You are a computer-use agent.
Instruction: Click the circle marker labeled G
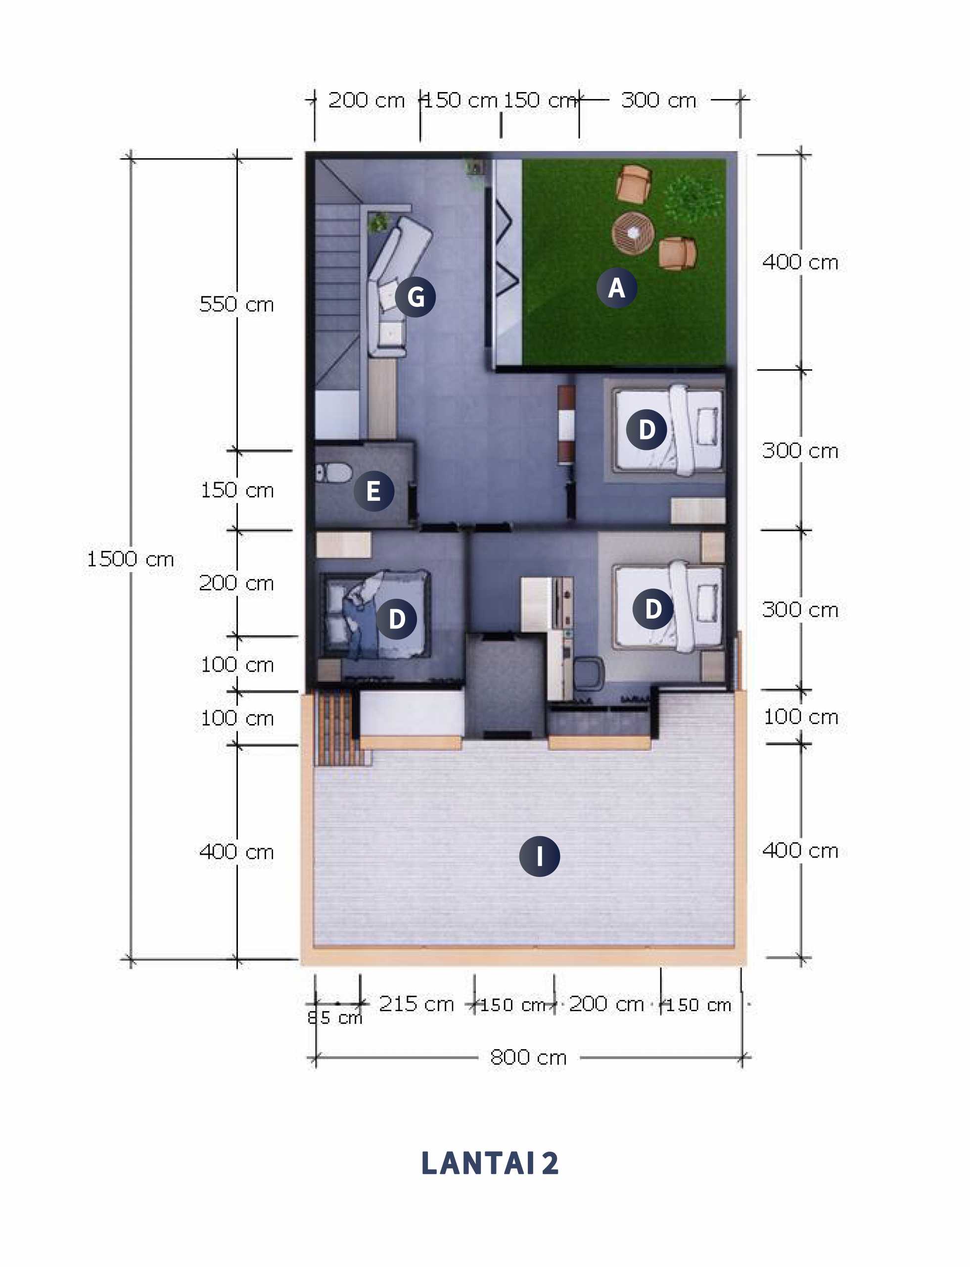[x=416, y=297]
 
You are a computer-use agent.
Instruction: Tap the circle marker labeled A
[x=617, y=287]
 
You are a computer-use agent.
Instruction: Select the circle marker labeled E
[x=373, y=491]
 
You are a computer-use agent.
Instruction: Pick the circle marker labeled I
[x=539, y=856]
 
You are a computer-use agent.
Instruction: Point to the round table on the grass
[x=633, y=232]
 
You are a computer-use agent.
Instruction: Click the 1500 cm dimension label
[x=131, y=559]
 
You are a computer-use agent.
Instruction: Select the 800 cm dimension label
[x=528, y=1057]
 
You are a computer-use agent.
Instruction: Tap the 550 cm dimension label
[x=236, y=304]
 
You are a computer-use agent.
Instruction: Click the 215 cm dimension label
[x=416, y=1004]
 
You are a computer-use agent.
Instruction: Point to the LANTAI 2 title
[x=490, y=1163]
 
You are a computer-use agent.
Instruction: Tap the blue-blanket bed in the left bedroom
[x=376, y=614]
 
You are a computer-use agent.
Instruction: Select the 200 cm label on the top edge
[x=366, y=100]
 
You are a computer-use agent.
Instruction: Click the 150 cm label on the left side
[x=237, y=490]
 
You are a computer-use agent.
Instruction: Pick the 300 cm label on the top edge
[x=659, y=100]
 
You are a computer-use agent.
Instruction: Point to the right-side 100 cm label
[x=800, y=717]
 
